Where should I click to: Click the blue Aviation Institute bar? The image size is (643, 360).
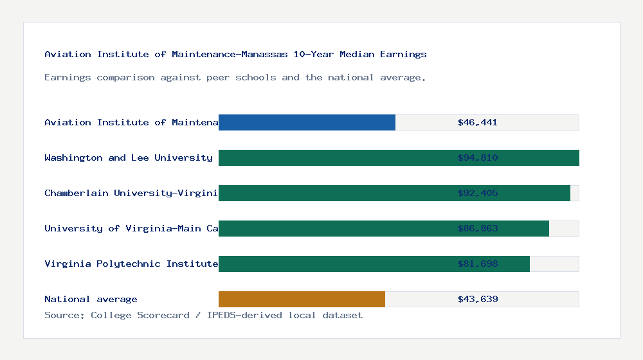point(307,122)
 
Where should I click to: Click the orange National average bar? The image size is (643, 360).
point(302,299)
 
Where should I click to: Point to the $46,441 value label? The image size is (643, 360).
point(478,122)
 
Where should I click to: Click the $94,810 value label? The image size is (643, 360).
point(478,157)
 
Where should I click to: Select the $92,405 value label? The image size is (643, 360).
point(478,193)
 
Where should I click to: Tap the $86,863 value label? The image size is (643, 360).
point(478,228)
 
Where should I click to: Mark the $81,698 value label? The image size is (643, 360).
point(478,264)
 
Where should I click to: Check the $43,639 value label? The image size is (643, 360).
point(478,299)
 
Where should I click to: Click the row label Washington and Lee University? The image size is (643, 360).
point(129,157)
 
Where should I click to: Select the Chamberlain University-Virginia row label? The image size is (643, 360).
point(131,193)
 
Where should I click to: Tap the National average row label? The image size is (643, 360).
point(91,299)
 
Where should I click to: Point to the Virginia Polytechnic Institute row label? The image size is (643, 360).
point(131,264)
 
